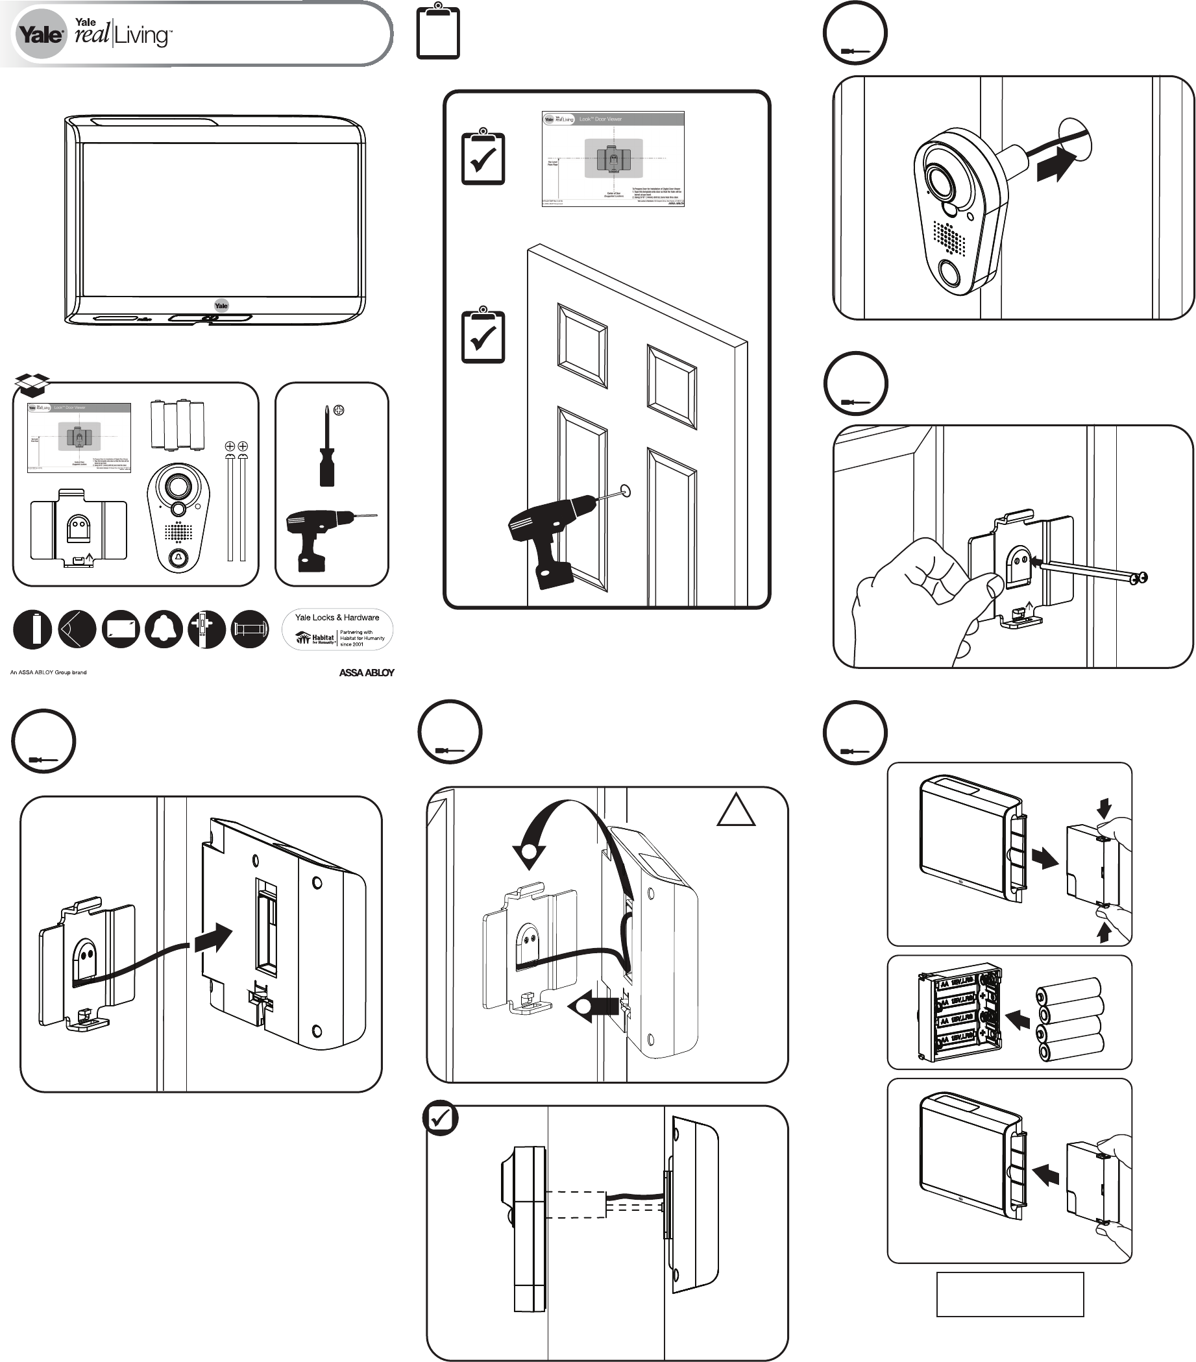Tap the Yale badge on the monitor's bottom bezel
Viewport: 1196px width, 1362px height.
coord(221,305)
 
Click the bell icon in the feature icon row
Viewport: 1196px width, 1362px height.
coord(164,629)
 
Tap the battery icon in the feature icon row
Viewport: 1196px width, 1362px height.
coord(32,629)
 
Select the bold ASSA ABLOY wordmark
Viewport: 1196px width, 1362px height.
coord(367,672)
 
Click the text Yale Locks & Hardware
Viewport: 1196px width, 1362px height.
coord(337,618)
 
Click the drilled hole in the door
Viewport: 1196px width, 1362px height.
coord(625,491)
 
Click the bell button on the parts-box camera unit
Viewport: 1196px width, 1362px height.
coord(178,557)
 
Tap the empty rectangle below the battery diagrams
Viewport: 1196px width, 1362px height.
coord(1010,1294)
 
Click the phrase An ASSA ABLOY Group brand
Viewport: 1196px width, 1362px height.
coord(48,672)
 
